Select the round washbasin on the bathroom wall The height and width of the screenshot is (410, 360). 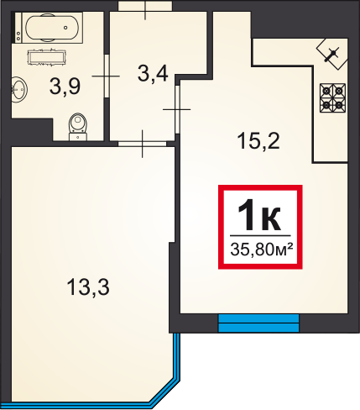(x=18, y=90)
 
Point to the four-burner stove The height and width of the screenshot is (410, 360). (x=332, y=98)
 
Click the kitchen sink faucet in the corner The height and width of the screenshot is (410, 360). (x=331, y=55)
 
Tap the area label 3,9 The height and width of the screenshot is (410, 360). (x=65, y=87)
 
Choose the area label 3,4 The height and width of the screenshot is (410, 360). (x=153, y=74)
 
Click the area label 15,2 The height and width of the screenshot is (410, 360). (x=258, y=141)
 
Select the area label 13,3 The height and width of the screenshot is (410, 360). (x=88, y=287)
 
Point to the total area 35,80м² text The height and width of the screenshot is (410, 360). (x=261, y=249)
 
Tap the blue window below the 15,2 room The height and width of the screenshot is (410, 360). (x=258, y=323)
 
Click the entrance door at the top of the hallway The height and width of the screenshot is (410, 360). (x=145, y=6)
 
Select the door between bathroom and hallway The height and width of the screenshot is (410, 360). (x=107, y=76)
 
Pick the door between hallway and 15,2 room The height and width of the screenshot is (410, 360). (x=177, y=109)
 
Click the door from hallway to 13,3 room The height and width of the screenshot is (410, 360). (x=142, y=144)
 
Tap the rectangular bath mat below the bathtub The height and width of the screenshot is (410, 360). (x=46, y=57)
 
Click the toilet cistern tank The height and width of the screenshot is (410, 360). (x=78, y=137)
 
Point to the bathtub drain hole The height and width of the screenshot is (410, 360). (x=65, y=28)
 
